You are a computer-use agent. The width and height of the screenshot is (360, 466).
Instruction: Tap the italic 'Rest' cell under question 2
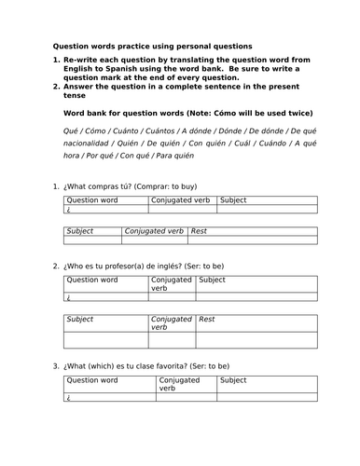[207, 319]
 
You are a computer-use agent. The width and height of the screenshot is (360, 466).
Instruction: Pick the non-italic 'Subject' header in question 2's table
[212, 279]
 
